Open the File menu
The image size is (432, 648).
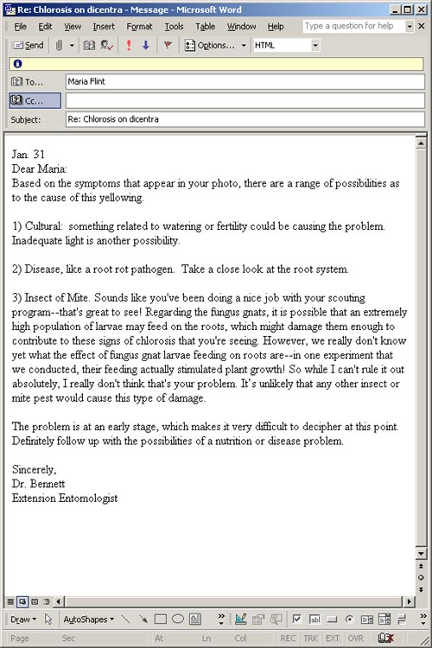pyautogui.click(x=21, y=27)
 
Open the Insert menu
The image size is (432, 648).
pyautogui.click(x=104, y=27)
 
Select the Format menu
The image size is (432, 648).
pyautogui.click(x=139, y=27)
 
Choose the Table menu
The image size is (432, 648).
pyautogui.click(x=205, y=27)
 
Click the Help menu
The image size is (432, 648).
pyautogui.click(x=276, y=27)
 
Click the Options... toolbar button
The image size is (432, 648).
pyautogui.click(x=215, y=45)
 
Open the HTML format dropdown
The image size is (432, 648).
pyautogui.click(x=315, y=45)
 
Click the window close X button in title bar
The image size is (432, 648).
pyautogui.click(x=421, y=9)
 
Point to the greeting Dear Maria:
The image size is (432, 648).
pyautogui.click(x=40, y=169)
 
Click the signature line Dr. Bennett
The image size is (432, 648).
pyautogui.click(x=39, y=484)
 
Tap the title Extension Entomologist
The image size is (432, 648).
pyautogui.click(x=66, y=499)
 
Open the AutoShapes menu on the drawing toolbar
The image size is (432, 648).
pyautogui.click(x=87, y=619)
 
